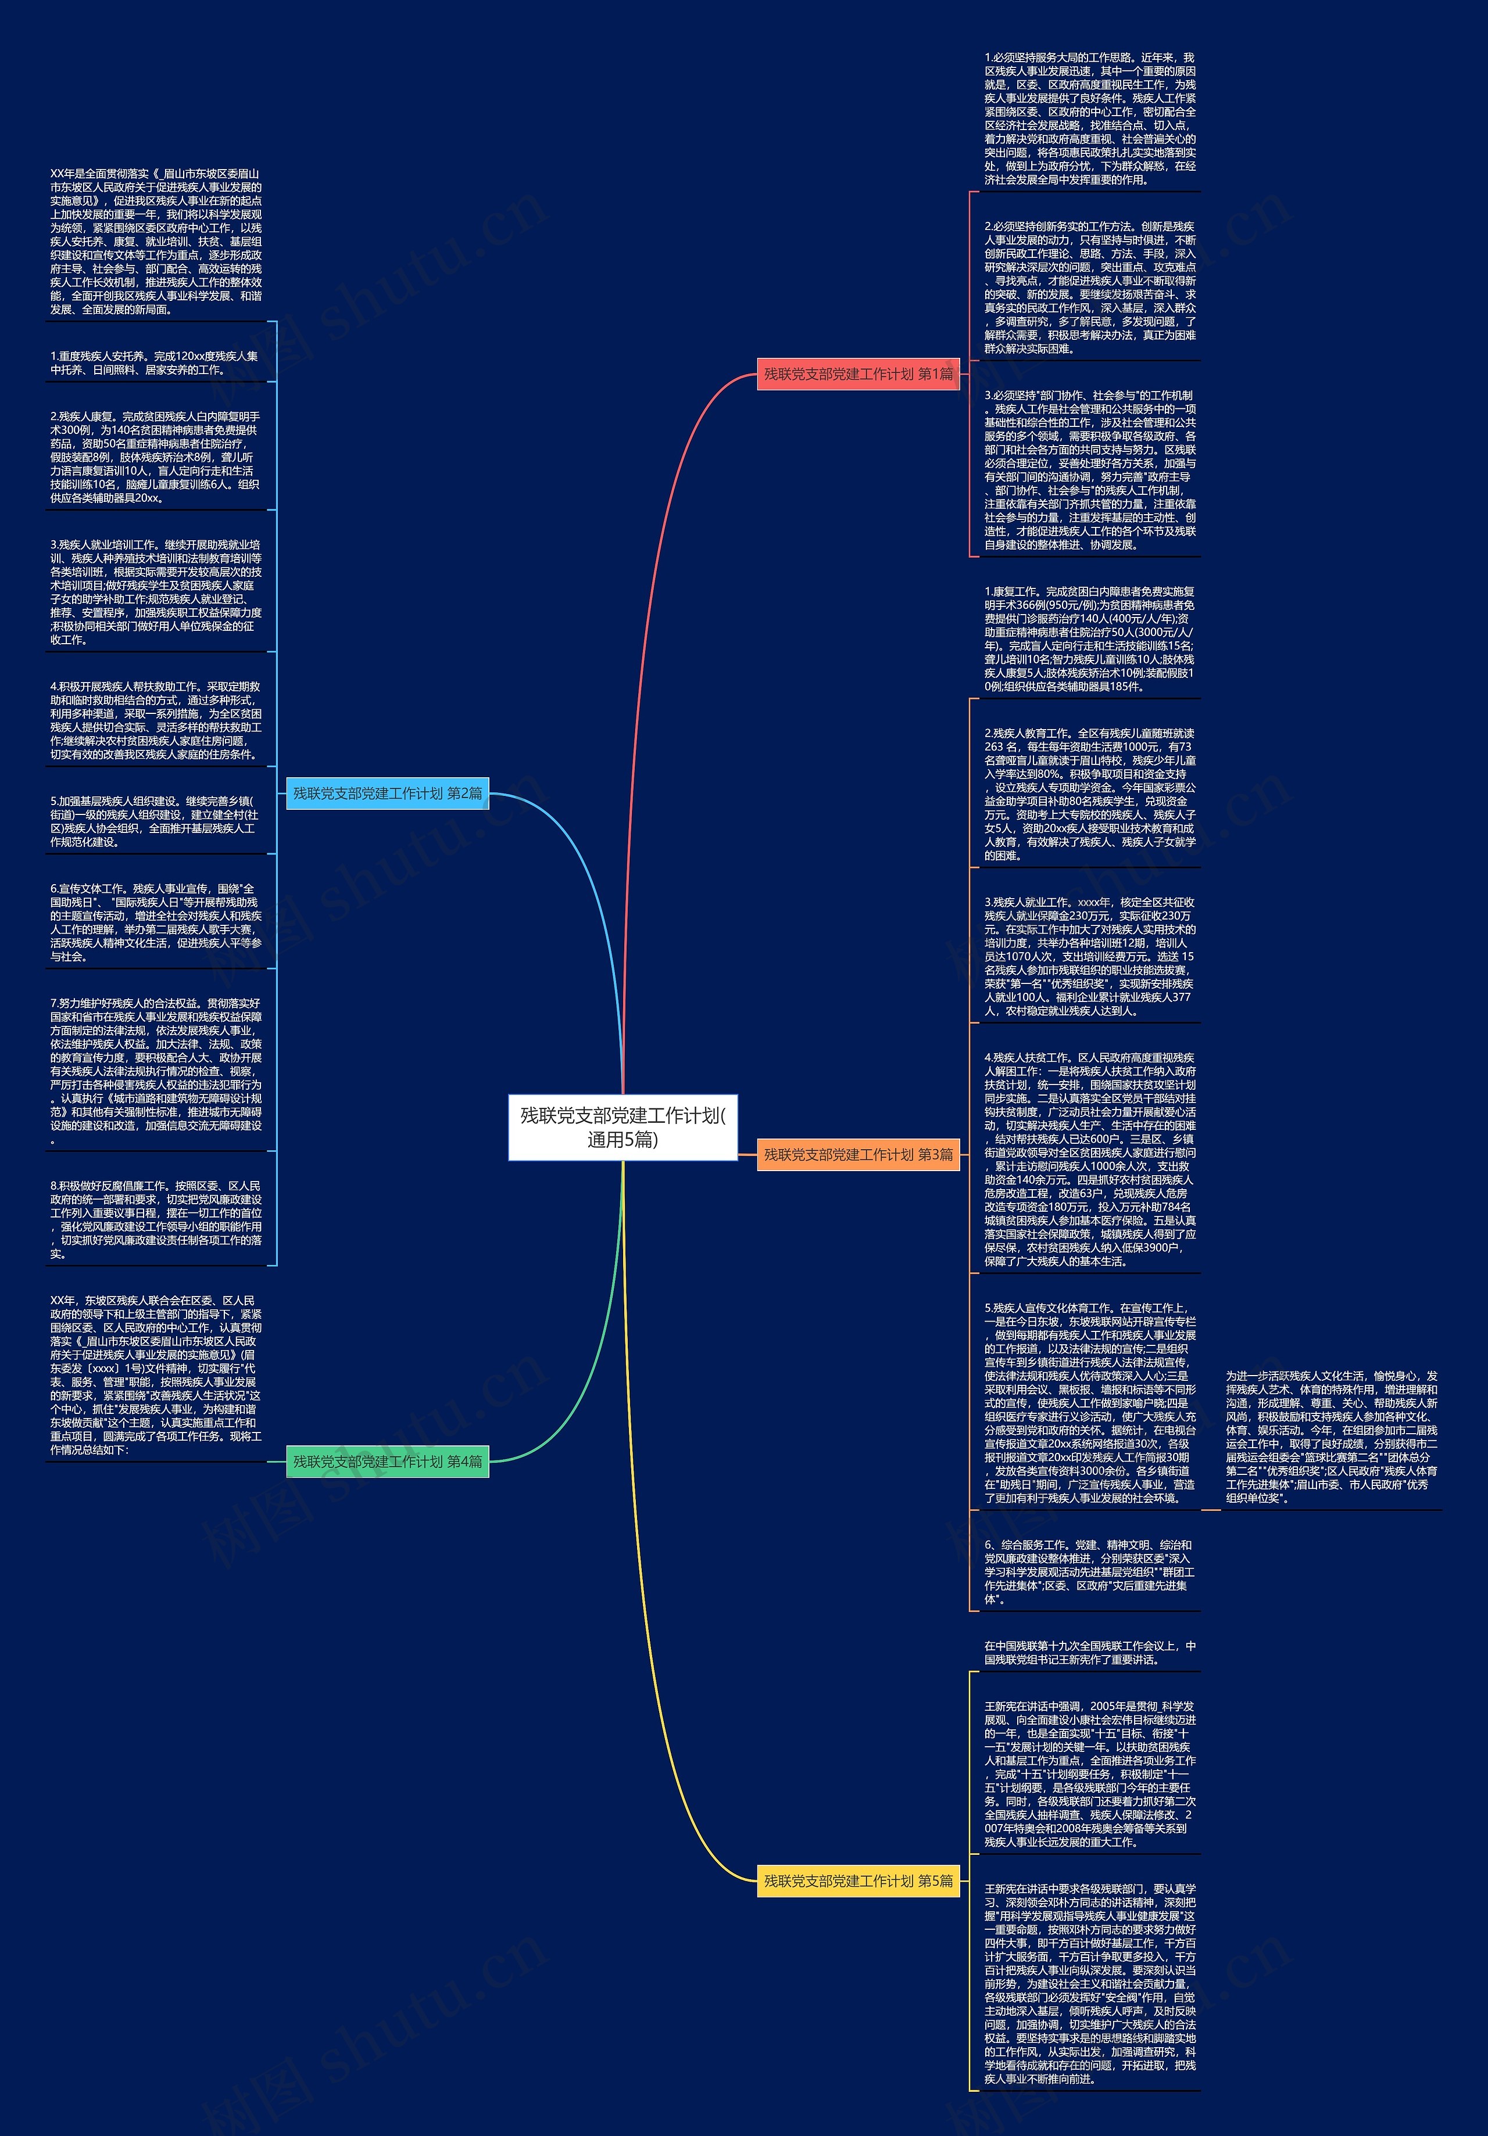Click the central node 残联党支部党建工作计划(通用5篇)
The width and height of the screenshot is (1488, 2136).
point(623,1128)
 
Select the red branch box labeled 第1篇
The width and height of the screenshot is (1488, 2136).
point(858,374)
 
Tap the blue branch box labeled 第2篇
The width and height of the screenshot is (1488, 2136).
point(387,794)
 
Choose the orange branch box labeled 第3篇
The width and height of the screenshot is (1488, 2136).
point(858,1154)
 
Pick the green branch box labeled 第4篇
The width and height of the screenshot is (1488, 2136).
point(387,1462)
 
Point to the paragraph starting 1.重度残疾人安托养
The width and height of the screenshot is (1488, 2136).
point(155,363)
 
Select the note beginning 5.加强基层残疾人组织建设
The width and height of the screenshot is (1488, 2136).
point(155,821)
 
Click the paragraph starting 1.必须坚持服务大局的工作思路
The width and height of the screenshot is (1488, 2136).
point(1090,119)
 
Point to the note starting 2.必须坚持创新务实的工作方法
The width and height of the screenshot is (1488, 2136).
point(1090,288)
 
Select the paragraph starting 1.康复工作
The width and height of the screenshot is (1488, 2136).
point(1090,639)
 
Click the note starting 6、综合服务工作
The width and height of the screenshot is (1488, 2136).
point(1090,1573)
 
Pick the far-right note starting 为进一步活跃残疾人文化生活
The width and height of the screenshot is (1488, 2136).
point(1330,1437)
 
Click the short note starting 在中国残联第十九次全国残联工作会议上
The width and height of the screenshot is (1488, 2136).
point(1090,1653)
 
